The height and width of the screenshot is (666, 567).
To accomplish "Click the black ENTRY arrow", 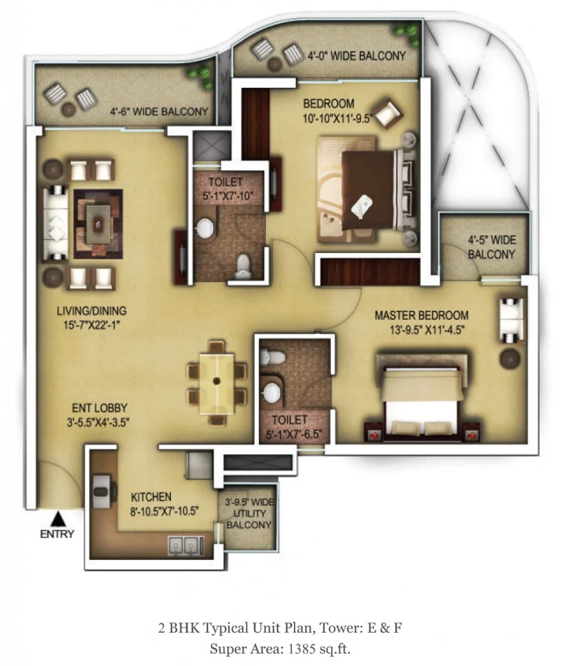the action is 57,518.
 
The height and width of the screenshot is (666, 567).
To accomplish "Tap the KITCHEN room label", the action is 152,497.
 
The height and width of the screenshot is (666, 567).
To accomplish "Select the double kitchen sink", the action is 186,546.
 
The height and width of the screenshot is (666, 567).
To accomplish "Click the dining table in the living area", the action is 217,383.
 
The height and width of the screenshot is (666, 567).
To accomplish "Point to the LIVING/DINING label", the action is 92,311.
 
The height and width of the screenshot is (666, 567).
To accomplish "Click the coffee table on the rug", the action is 98,224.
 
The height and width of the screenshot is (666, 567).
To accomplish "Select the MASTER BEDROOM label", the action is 421,315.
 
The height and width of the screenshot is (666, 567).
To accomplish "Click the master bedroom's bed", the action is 422,399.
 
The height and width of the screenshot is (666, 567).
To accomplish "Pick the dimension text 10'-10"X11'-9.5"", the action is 337,118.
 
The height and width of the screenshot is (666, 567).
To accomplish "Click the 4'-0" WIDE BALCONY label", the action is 356,56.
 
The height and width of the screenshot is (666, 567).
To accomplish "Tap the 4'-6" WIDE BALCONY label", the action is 159,112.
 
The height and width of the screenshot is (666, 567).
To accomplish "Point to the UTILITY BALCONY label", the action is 249,519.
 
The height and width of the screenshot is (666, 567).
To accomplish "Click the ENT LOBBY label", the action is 99,408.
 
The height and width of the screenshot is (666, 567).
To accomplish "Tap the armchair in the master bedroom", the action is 511,320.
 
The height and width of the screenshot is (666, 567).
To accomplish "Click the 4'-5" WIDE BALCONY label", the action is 492,247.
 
